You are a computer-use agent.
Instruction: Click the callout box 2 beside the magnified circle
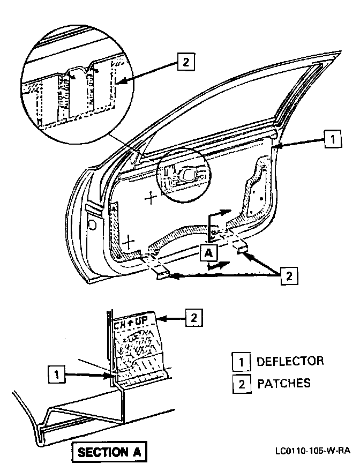[x=185, y=63]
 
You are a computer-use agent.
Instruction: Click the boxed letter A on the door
[x=208, y=252]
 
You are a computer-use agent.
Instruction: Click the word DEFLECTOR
[x=290, y=361]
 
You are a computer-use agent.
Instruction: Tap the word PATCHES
[x=284, y=384]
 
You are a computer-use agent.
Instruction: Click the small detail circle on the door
[x=184, y=177]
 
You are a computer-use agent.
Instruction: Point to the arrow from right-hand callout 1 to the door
[x=299, y=143]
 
